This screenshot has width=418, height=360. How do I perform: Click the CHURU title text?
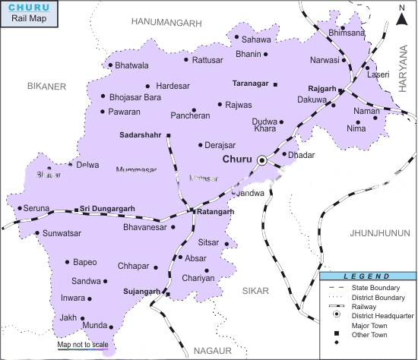tap(28, 8)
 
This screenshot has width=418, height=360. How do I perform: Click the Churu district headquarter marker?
tap(262, 160)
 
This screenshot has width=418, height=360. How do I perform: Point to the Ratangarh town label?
tap(215, 212)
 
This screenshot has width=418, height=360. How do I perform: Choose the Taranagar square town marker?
tap(275, 84)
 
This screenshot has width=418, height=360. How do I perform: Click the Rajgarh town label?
tap(322, 89)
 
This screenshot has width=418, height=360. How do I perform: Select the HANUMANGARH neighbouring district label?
tap(166, 24)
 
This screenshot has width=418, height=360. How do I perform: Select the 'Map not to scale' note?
tap(83, 345)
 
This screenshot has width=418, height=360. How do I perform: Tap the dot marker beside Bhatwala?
tap(110, 65)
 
